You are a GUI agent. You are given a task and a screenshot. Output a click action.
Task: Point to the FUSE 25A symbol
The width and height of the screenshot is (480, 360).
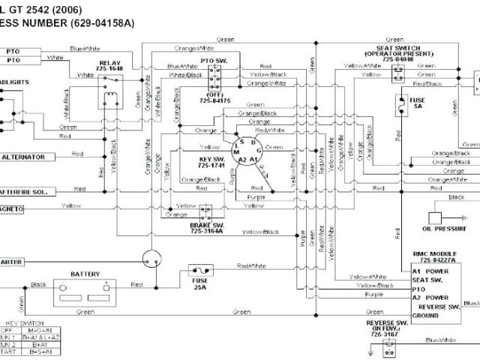click(x=200, y=271)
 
